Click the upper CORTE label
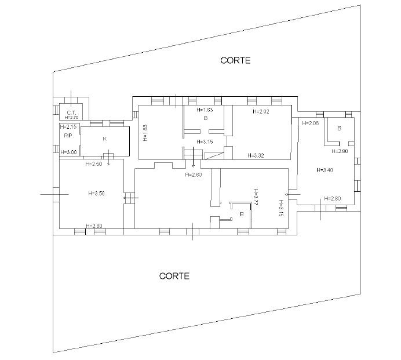coord(235,60)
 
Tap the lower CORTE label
coord(174,276)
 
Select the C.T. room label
coord(71,112)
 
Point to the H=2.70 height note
coord(71,118)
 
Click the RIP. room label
coord(69,136)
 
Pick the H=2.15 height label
coord(68,126)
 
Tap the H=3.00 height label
coord(68,152)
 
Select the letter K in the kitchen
coord(105,139)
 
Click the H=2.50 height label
coord(94,164)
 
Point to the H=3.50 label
coord(96,194)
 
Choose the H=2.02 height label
coord(261,111)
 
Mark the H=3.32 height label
coord(256,155)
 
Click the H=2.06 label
coord(311,123)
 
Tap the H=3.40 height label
coord(325,170)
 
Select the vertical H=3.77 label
coord(256,197)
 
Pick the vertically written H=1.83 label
coord(145,133)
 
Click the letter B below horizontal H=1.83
coord(205,118)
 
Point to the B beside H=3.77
coord(242,214)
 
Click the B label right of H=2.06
coord(340,129)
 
